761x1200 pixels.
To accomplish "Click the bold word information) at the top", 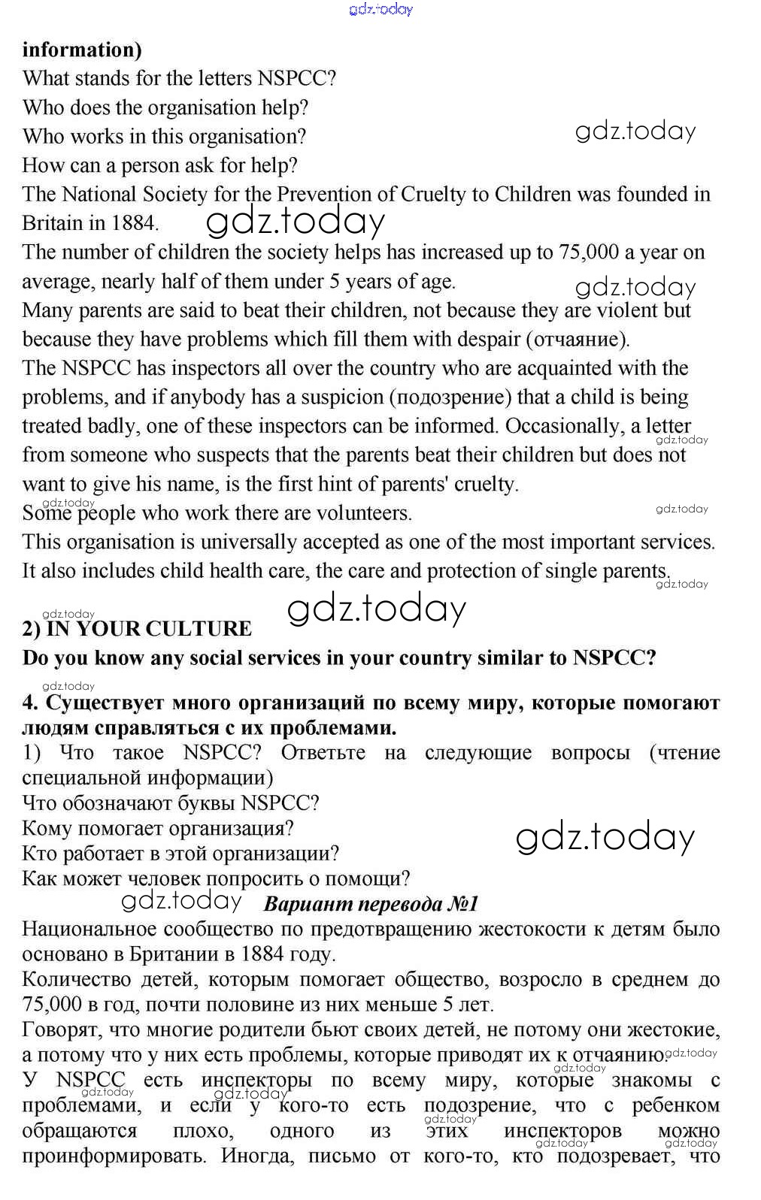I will click(82, 50).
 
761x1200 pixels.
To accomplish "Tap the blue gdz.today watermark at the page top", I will click(381, 9).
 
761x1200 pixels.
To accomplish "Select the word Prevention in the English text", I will click(323, 194).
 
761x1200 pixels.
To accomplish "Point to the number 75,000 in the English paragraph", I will click(589, 252).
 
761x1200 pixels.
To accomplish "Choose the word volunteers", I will click(368, 513).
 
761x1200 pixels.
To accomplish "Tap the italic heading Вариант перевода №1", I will click(371, 904).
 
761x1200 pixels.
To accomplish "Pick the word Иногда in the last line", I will click(256, 1155).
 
